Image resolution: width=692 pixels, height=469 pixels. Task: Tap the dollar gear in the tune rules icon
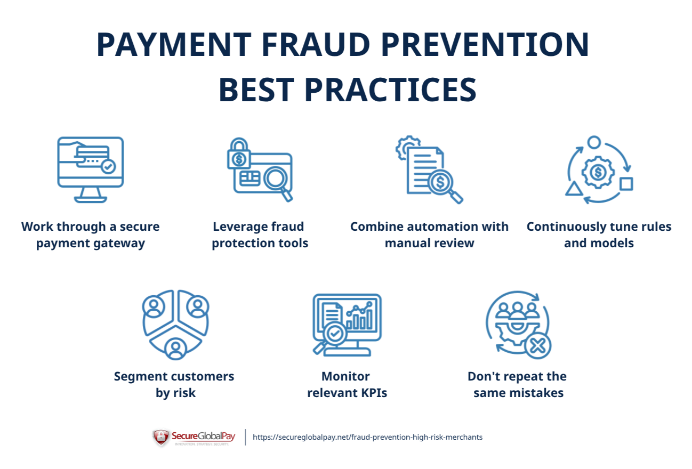coord(598,172)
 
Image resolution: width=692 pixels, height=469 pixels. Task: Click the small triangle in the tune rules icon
coord(573,189)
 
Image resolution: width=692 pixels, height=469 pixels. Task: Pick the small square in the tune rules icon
coord(626,184)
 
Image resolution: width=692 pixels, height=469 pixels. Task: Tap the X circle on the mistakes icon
coord(537,346)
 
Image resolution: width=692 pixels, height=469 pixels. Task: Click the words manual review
coord(429,244)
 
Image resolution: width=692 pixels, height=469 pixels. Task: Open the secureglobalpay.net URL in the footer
coord(367,437)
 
